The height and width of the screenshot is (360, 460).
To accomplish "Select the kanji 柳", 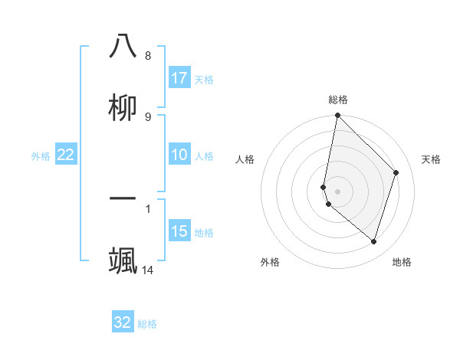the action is (123, 107).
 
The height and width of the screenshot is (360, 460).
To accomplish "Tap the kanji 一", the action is (123, 198).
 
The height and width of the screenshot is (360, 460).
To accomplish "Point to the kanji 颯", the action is (123, 260).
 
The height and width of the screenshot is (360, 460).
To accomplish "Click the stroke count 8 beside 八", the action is (148, 56).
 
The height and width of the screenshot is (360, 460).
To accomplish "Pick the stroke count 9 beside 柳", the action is (148, 116).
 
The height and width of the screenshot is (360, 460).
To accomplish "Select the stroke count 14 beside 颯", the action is (148, 270).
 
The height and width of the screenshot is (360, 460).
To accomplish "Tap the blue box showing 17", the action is (179, 77).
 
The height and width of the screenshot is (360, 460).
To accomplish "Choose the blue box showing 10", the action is (179, 155).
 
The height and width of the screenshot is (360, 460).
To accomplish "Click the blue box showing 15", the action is (179, 231).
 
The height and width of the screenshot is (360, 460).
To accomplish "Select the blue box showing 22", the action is (66, 155).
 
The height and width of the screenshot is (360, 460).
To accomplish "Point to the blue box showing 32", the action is (123, 322).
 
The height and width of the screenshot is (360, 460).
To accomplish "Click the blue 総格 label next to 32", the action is (147, 324).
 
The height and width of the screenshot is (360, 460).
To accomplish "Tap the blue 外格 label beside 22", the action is (41, 156).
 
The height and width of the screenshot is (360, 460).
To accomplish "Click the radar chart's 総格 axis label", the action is (338, 100).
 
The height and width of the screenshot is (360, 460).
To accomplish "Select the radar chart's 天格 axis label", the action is (432, 159).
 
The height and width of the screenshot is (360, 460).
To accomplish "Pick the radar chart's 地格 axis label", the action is (402, 262).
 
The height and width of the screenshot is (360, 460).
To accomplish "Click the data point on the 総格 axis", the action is (337, 116).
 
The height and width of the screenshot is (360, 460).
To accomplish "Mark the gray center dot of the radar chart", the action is (337, 191).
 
